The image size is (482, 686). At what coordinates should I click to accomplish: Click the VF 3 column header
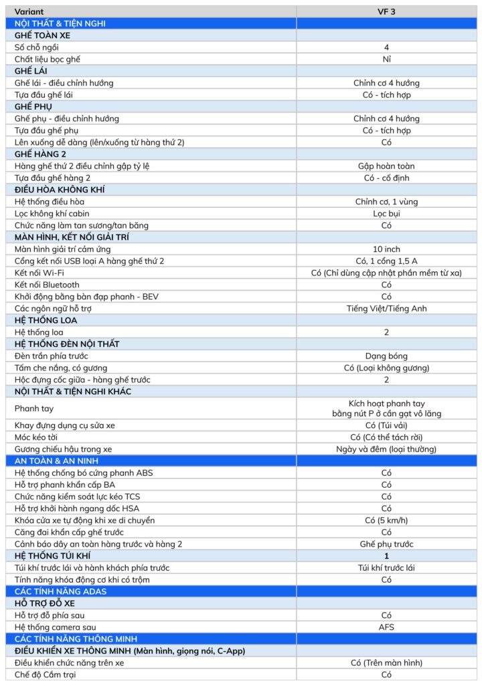pos(386,11)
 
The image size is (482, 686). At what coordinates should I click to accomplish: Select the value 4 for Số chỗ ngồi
pos(386,48)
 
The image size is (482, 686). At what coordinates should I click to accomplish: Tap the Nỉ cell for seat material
pos(386,59)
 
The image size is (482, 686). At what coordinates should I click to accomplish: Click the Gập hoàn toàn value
pos(386,166)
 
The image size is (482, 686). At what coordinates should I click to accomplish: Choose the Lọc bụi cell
pos(386,214)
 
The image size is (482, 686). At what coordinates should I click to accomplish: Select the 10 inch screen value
pos(386,249)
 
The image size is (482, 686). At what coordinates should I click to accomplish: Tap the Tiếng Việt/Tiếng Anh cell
pos(386,309)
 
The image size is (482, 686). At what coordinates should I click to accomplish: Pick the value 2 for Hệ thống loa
pos(386,332)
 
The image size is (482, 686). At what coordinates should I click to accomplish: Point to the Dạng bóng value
pos(386,356)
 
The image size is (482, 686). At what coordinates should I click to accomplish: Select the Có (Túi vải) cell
pos(386,425)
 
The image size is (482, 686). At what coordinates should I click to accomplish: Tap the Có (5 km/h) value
pos(386,520)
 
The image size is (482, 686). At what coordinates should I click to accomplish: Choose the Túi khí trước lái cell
pos(386,567)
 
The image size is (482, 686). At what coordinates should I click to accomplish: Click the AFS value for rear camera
pos(386,627)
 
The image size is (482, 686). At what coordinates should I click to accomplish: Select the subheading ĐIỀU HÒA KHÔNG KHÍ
pos(59,190)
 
